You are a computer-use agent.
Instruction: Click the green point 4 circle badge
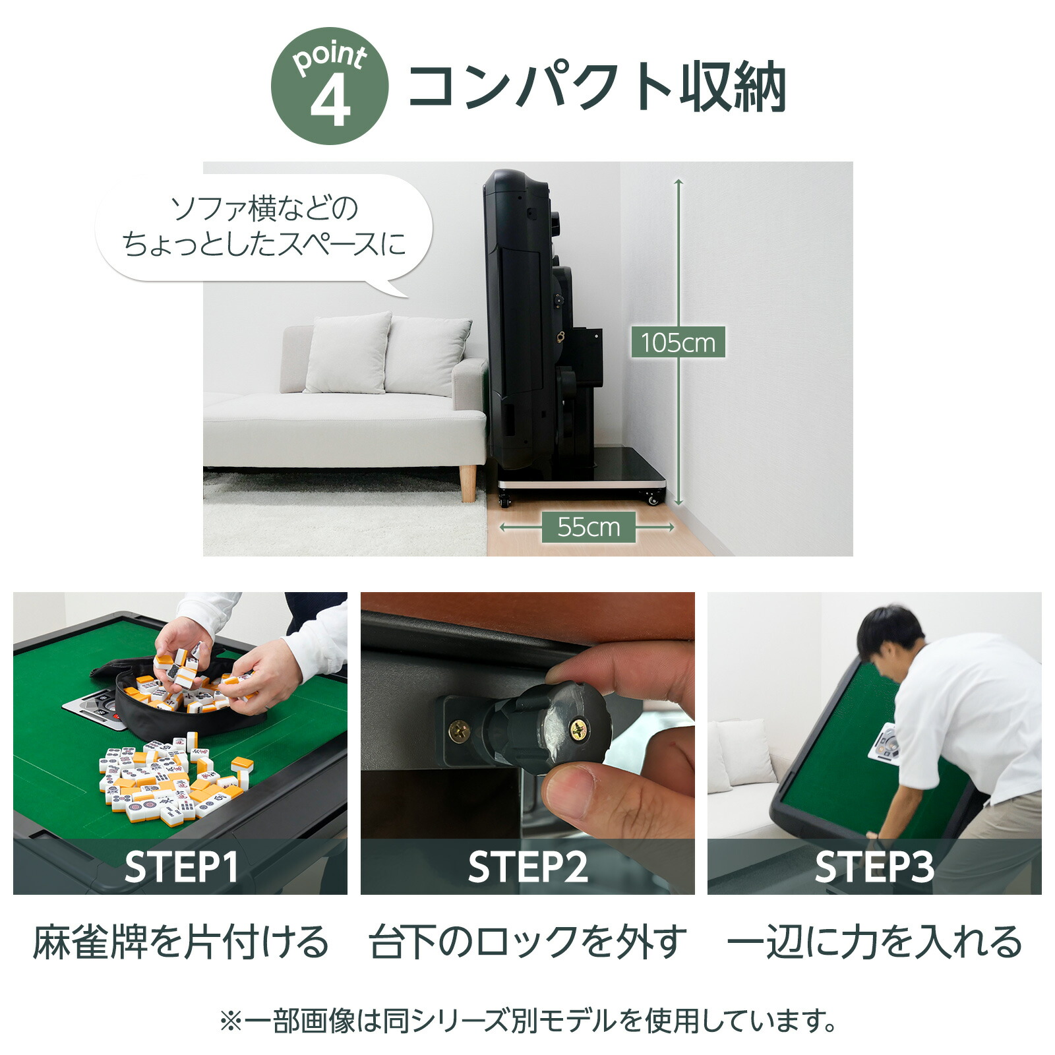click(x=329, y=86)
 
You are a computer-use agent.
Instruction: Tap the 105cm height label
click(x=678, y=342)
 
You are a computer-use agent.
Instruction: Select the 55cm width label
click(x=588, y=527)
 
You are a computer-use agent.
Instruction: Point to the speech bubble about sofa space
click(x=264, y=227)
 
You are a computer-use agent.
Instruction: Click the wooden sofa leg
click(x=468, y=483)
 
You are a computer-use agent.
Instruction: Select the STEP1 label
click(x=181, y=867)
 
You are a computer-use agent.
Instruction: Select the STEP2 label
click(x=527, y=867)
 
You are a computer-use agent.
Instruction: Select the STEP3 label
click(x=874, y=867)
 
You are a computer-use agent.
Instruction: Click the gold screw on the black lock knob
click(x=578, y=729)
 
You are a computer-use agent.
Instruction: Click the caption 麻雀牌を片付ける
click(x=181, y=942)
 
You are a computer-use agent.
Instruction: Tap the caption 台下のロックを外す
click(x=527, y=942)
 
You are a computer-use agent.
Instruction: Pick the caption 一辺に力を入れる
click(x=874, y=942)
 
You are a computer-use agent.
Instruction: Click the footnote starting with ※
click(x=527, y=1021)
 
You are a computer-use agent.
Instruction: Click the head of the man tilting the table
click(x=890, y=633)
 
